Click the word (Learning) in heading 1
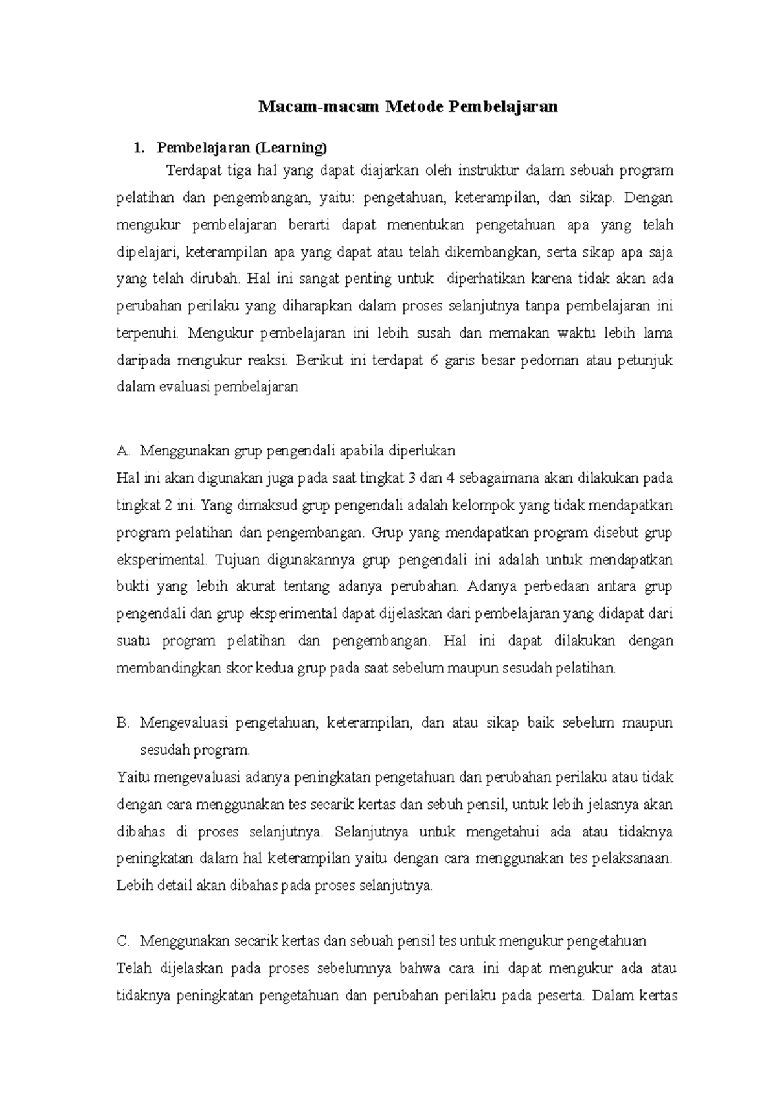(x=291, y=148)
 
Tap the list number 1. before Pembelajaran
(x=137, y=148)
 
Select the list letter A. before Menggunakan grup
(x=124, y=451)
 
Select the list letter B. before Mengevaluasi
(x=124, y=722)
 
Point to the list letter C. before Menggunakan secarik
(x=124, y=940)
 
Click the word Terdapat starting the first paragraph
(x=193, y=171)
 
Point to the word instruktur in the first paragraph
(x=489, y=171)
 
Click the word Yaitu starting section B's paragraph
(x=133, y=777)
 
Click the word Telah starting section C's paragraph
(x=133, y=968)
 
